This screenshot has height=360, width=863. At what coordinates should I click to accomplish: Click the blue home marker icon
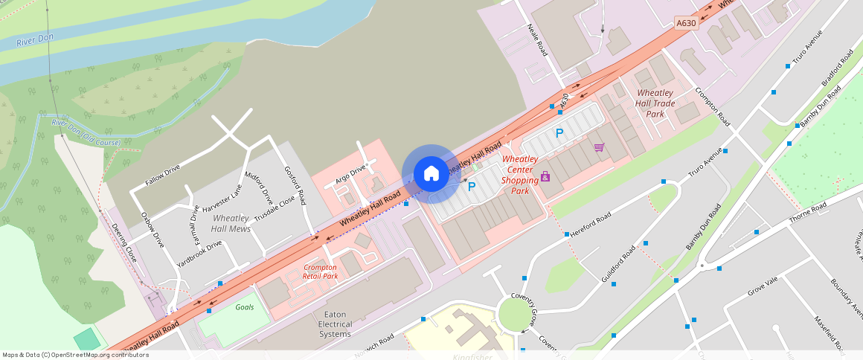(x=431, y=174)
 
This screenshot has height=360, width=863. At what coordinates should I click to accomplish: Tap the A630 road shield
(x=686, y=24)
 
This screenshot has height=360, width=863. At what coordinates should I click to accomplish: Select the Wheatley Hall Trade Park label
(x=655, y=103)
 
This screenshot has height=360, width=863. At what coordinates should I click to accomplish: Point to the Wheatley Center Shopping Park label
(x=519, y=175)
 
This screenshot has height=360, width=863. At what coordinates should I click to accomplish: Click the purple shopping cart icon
(x=599, y=147)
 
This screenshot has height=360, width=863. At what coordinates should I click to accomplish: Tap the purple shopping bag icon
(x=545, y=176)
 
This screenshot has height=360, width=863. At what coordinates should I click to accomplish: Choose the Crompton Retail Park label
(x=320, y=271)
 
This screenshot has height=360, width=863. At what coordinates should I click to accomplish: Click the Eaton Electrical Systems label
(x=335, y=324)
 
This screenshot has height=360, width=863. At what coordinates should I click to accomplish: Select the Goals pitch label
(x=244, y=307)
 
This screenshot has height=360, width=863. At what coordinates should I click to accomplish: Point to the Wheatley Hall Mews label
(x=231, y=223)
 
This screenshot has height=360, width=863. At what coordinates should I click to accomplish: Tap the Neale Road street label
(x=537, y=39)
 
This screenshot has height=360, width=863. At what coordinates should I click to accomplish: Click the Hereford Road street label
(x=592, y=221)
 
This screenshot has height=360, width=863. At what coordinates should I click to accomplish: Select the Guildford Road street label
(x=617, y=264)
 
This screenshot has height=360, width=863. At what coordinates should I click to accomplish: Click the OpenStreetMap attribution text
(x=75, y=355)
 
